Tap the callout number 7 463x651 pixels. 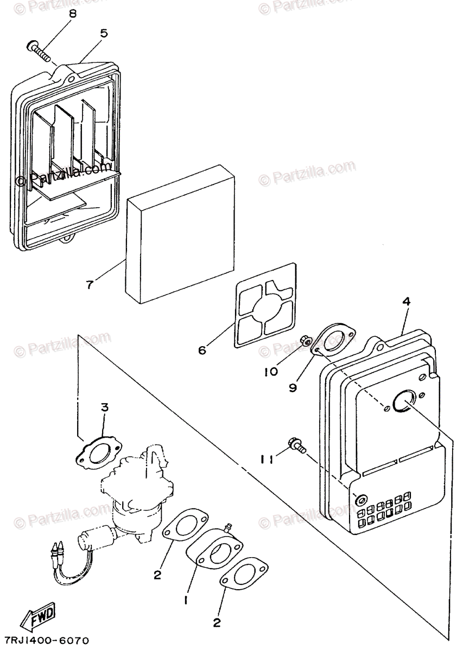click(90, 283)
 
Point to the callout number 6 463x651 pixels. click(202, 350)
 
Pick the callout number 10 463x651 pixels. click(271, 371)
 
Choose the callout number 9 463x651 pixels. click(293, 388)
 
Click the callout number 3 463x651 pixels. click(105, 407)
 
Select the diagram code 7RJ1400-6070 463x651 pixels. click(46, 641)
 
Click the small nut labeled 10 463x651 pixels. click(305, 340)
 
